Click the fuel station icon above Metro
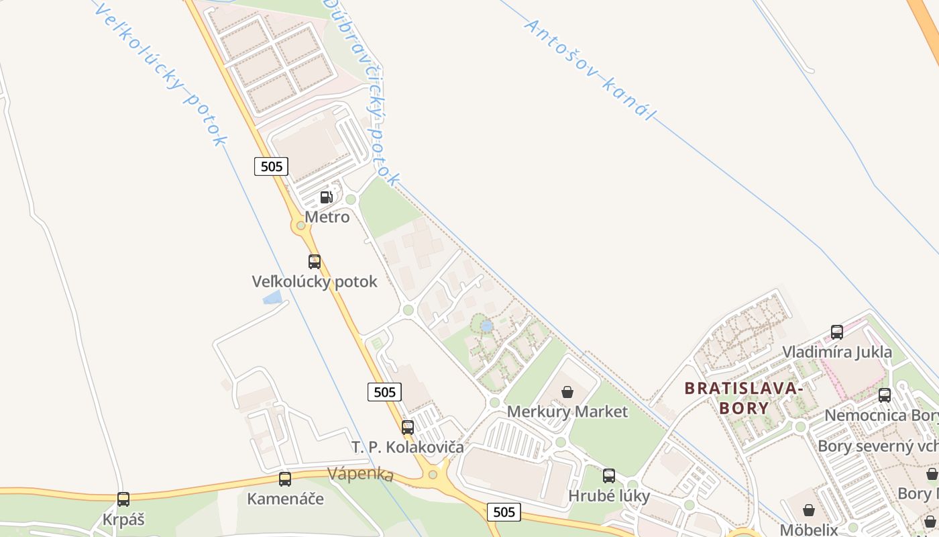[327, 197]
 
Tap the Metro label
[327, 217]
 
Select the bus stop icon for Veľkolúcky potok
[314, 262]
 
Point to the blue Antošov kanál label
[588, 69]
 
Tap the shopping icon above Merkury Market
[567, 391]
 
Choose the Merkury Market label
[567, 411]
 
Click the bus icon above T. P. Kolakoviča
[408, 427]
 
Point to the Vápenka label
[360, 473]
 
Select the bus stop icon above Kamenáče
[285, 479]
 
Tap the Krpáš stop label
[123, 520]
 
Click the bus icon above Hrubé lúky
[609, 476]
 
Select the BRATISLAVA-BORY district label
[743, 397]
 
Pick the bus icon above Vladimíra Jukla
[837, 332]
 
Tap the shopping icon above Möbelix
[809, 510]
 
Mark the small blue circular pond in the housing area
[487, 326]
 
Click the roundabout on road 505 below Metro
[301, 226]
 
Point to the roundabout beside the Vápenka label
[433, 475]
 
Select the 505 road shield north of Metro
[271, 166]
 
